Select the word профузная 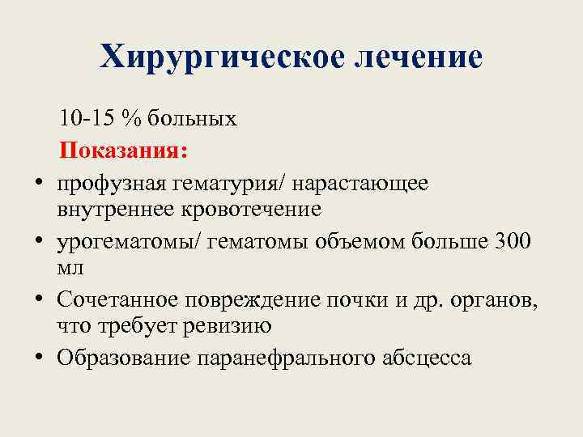tap(111, 183)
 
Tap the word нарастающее tap(360, 183)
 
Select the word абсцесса tap(428, 358)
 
